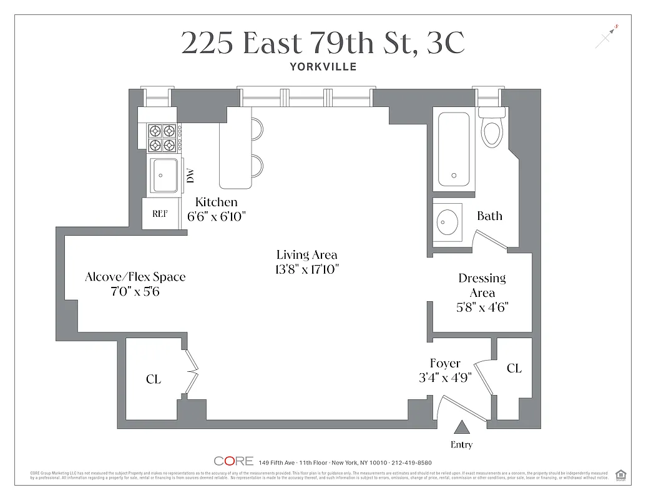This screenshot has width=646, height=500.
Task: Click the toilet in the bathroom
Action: (492, 129)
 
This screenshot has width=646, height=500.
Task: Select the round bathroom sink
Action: (447, 221)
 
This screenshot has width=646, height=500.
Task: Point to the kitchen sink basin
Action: (165, 176)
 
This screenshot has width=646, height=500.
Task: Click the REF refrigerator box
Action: (160, 214)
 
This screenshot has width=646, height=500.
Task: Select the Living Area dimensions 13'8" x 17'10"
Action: (306, 269)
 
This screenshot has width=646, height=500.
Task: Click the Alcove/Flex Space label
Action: (135, 277)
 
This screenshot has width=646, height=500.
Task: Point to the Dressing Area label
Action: (482, 285)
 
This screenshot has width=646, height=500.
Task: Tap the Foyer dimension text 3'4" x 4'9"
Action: (445, 377)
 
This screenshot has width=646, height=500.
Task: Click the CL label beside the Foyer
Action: (514, 369)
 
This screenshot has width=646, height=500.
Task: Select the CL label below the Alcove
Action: (153, 379)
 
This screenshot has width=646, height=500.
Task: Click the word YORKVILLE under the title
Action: (323, 67)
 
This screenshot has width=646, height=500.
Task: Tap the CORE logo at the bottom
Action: (233, 461)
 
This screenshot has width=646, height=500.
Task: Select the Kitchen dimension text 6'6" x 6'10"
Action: (217, 217)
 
